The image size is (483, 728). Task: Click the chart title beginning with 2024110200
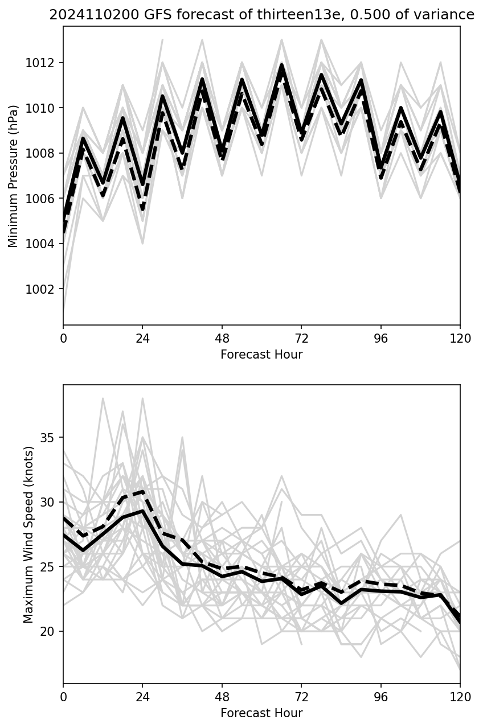tap(261, 15)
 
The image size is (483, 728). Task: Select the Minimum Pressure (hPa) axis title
tap(14, 176)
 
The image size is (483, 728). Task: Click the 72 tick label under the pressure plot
tap(301, 338)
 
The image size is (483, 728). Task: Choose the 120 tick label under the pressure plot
tap(460, 338)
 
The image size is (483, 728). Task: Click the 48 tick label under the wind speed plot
tap(222, 696)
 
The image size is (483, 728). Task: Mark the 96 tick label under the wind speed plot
tap(380, 696)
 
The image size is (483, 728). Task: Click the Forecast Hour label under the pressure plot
tap(261, 355)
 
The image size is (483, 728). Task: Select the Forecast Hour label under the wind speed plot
tap(261, 713)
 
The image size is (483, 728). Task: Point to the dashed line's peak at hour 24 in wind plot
tap(142, 491)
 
